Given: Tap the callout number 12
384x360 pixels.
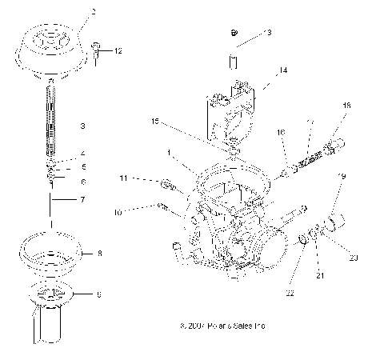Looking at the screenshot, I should tap(118, 51).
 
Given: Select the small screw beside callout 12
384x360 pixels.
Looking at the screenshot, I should tap(96, 52).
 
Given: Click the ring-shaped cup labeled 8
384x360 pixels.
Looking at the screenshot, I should tap(54, 248).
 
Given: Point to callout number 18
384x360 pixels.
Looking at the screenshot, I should tap(346, 106).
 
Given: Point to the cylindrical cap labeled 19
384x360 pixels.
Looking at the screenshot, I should tap(334, 220).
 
